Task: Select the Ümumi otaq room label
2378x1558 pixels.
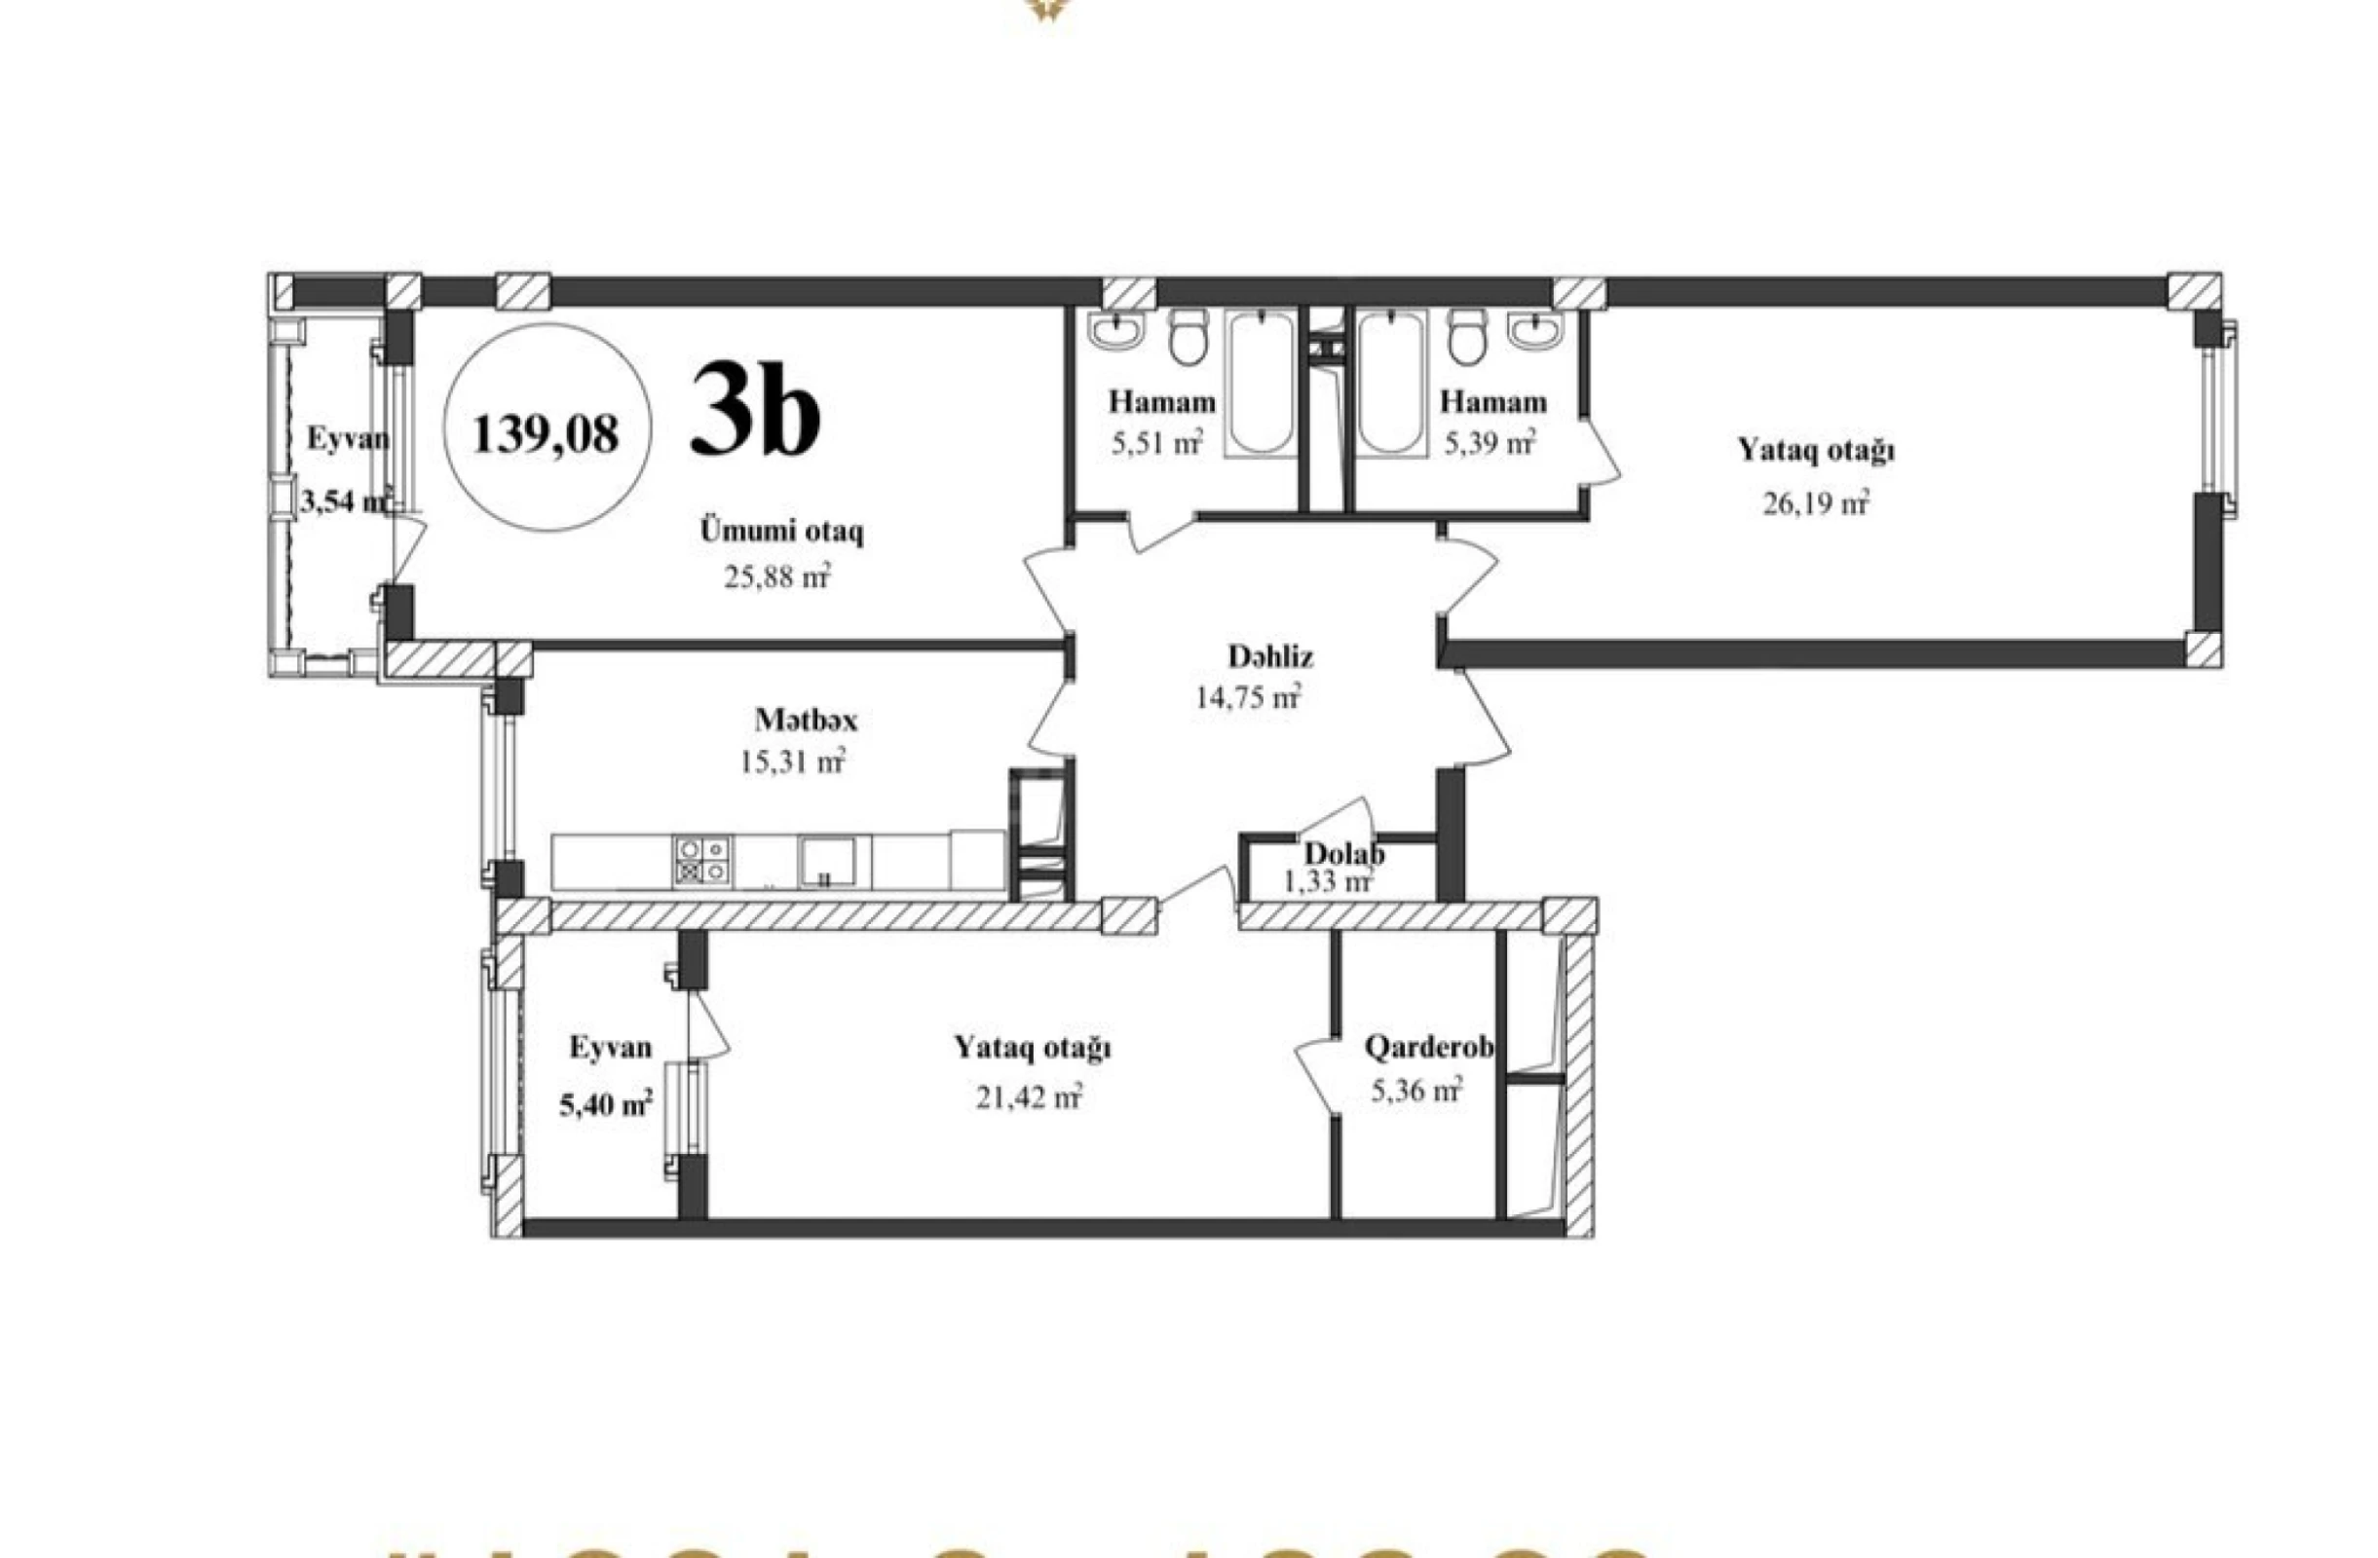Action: (781, 532)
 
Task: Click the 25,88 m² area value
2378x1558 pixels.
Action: (777, 577)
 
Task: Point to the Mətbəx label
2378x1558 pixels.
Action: (806, 720)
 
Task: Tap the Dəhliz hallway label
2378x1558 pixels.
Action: (1270, 656)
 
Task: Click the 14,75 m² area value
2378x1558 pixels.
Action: (1248, 697)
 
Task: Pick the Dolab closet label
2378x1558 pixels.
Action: (1342, 854)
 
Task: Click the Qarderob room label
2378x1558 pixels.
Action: (1429, 1048)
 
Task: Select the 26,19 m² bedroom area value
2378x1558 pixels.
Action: (1815, 502)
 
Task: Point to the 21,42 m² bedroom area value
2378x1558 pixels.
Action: (1029, 1097)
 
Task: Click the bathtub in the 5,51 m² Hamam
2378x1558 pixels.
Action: (1262, 384)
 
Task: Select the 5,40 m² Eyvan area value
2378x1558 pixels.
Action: (606, 1104)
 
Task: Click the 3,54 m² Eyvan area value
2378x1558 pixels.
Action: (343, 501)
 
